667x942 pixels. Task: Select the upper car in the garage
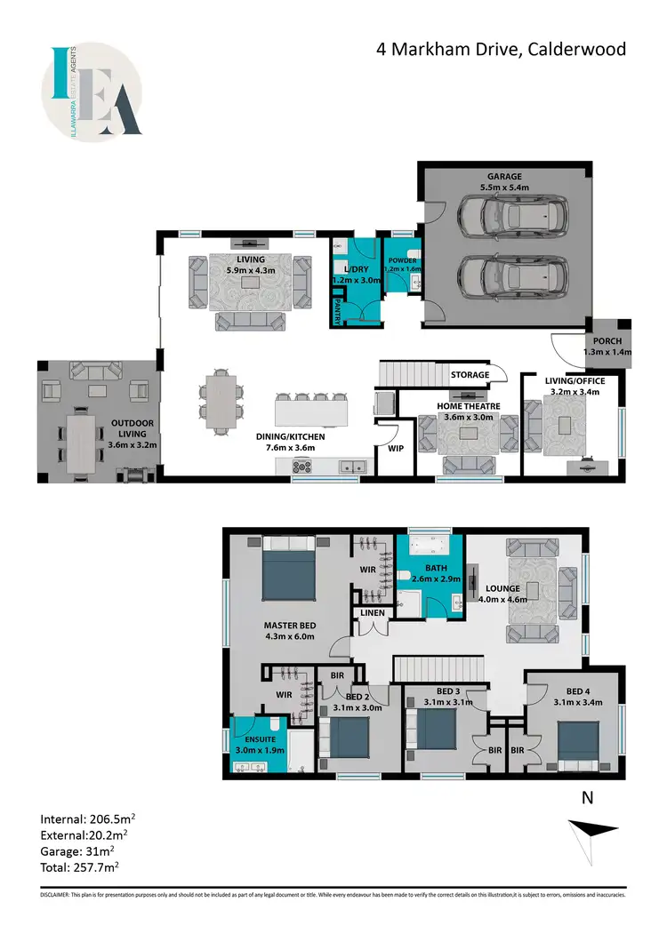pos(510,215)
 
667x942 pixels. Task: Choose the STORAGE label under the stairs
pos(469,374)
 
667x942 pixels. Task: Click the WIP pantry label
pos(396,449)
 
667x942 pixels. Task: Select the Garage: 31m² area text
pos(78,849)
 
